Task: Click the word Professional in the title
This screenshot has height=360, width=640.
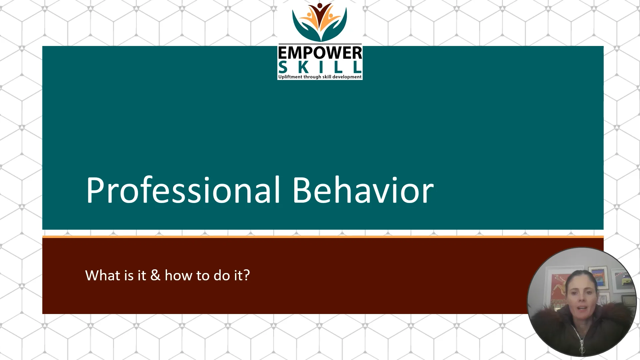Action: tap(183, 190)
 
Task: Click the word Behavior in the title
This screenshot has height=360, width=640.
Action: tap(363, 190)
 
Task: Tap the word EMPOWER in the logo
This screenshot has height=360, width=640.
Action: tap(320, 53)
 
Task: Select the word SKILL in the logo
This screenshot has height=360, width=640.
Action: tap(320, 68)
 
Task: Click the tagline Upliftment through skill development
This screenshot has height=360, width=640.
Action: tap(320, 77)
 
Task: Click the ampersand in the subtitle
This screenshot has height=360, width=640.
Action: tap(155, 275)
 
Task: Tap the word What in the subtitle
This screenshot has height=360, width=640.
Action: tap(100, 275)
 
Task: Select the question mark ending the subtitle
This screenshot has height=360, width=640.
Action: tap(247, 275)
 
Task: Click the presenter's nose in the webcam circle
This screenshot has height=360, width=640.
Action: tap(582, 299)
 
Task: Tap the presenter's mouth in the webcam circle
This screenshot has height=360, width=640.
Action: tap(582, 308)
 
